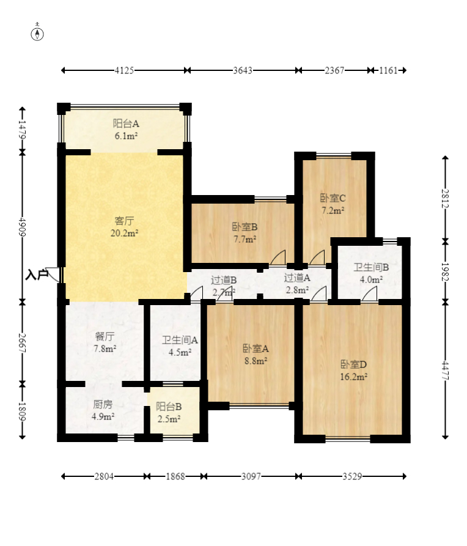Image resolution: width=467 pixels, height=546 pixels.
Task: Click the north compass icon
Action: click(37, 34)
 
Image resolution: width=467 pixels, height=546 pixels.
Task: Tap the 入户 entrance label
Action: click(37, 275)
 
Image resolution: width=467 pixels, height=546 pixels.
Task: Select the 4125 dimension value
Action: click(124, 70)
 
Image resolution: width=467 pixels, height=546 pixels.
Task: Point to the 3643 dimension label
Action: click(243, 70)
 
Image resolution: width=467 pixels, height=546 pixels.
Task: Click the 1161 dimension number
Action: click(388, 70)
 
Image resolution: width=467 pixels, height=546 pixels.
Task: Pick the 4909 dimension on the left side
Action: click(23, 227)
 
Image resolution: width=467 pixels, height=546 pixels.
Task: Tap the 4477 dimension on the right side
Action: click(446, 371)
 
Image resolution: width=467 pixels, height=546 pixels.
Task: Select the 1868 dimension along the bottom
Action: click(175, 476)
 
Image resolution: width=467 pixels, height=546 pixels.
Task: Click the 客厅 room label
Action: click(124, 221)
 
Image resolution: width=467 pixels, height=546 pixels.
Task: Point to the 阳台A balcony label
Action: click(126, 124)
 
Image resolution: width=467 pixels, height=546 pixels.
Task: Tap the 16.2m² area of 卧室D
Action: click(354, 377)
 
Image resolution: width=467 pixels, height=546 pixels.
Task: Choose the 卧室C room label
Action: click(333, 198)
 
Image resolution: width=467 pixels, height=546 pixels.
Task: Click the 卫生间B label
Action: click(371, 267)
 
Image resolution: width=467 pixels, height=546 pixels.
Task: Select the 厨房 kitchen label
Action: click(103, 404)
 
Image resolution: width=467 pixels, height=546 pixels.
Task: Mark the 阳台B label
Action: click(169, 407)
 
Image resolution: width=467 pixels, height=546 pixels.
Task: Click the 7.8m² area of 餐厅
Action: click(105, 349)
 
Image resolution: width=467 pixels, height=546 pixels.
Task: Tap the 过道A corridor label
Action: click(297, 278)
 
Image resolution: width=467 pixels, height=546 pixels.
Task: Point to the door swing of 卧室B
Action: click(278, 257)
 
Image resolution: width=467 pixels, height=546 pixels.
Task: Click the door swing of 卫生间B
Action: click(369, 294)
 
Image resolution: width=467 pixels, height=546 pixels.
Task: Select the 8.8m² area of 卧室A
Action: click(256, 361)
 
